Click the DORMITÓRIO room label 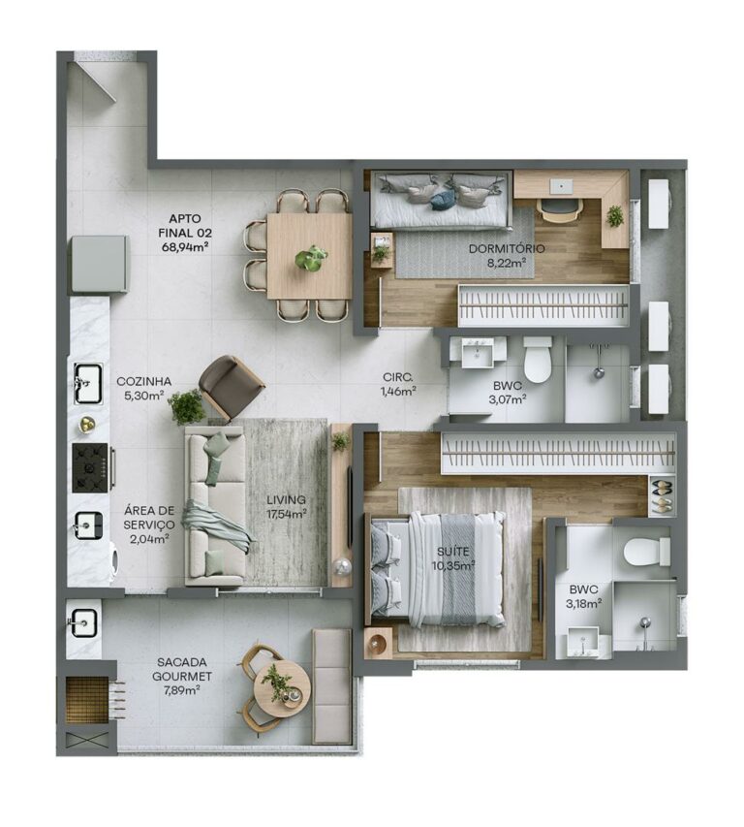506,249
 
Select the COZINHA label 143,381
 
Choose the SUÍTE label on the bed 454,552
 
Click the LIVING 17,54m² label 287,500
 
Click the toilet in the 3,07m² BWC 537,360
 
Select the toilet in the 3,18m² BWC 646,552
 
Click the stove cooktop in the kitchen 92,467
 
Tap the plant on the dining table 311,258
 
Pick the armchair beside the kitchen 230,385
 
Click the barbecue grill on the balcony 86,701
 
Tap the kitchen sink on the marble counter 87,382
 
